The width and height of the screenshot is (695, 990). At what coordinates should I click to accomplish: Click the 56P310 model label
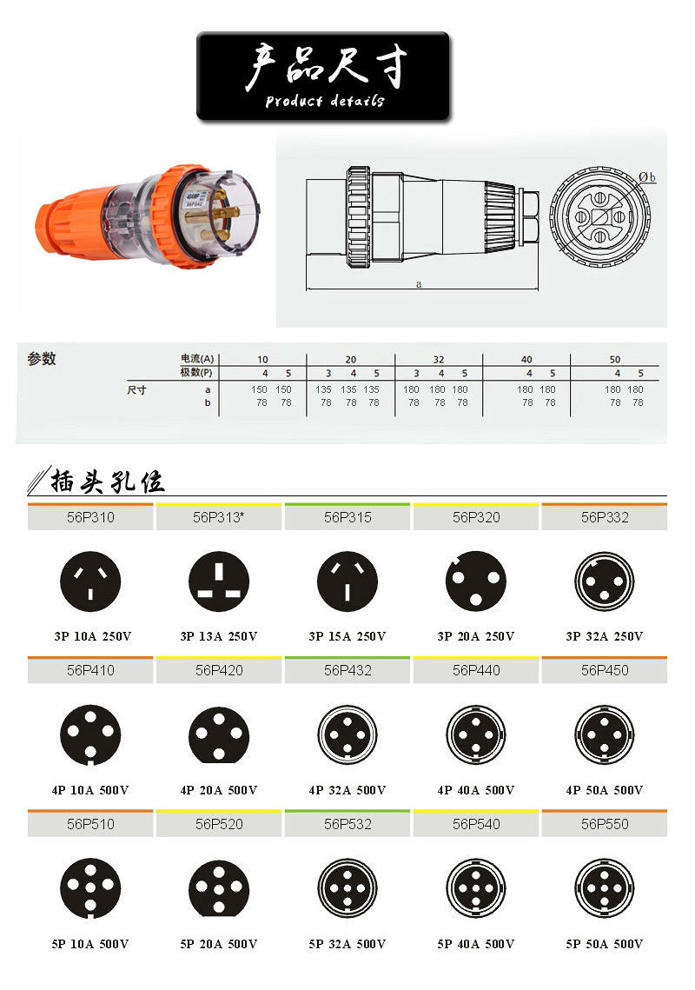(x=90, y=517)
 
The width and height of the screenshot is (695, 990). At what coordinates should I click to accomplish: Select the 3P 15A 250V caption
(x=347, y=636)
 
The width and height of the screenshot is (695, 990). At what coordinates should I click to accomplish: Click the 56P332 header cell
(x=605, y=517)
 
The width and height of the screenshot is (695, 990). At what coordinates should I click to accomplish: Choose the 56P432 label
(x=347, y=670)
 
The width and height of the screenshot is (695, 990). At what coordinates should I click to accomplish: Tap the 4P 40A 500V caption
(x=476, y=790)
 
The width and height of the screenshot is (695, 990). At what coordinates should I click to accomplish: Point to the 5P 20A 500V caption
(x=219, y=944)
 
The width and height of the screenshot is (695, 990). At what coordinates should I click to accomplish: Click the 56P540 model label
(x=476, y=824)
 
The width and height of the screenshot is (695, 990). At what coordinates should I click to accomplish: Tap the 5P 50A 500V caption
(x=605, y=944)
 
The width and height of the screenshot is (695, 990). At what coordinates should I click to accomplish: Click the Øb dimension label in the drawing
(x=647, y=177)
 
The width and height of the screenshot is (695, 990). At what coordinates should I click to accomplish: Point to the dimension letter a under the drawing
(x=419, y=284)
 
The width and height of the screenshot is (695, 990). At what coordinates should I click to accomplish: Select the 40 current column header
(x=526, y=359)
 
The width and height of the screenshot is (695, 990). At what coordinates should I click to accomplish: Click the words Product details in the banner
(x=324, y=101)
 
